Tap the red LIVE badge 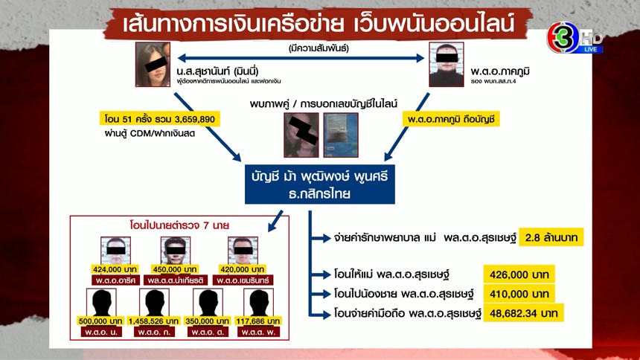point(591,49)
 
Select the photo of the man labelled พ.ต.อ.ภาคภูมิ point(446,65)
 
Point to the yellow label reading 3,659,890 point(159,118)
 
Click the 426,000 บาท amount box point(519,274)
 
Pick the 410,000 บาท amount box point(519,293)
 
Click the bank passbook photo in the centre point(340,135)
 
